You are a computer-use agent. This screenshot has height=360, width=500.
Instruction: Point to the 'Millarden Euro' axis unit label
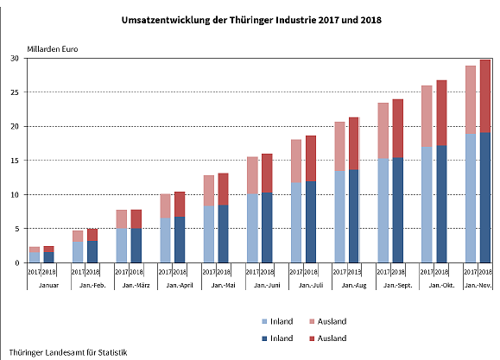coord(53,48)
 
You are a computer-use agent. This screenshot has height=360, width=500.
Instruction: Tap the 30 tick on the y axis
coord(15,59)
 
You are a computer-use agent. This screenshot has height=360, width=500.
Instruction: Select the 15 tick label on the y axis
coord(15,161)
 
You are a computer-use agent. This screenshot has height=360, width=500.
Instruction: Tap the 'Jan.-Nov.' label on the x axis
coord(478,284)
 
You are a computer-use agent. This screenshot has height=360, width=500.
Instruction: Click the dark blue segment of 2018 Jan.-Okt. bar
coord(441,204)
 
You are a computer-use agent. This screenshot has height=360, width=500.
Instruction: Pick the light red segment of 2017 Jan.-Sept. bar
coord(383,130)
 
